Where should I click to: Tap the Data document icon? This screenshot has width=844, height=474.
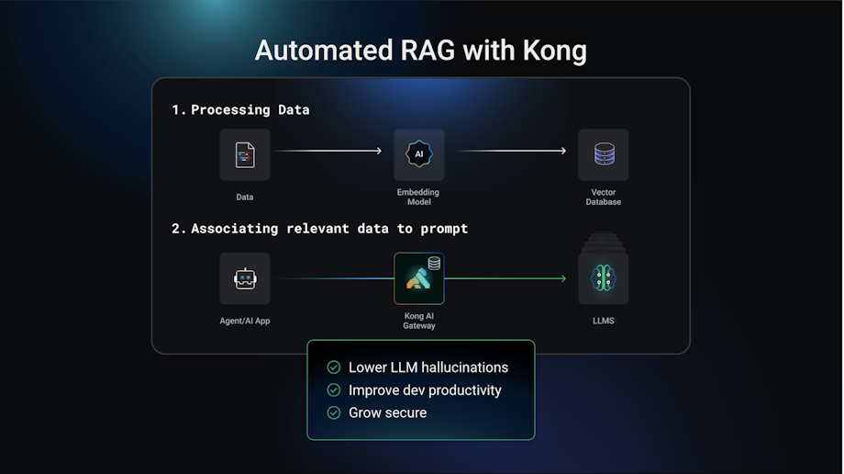click(x=245, y=154)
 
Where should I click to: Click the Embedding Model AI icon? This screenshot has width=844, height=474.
click(x=419, y=154)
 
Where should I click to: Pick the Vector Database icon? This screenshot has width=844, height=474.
click(x=603, y=154)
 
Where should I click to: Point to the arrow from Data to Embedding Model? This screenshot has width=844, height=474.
click(x=328, y=151)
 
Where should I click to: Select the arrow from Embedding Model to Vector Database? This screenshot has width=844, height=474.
click(x=511, y=151)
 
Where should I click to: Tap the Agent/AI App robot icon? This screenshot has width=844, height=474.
click(x=245, y=278)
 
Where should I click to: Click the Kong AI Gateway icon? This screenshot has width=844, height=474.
click(x=419, y=278)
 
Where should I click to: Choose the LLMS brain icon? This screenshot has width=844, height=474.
click(x=603, y=279)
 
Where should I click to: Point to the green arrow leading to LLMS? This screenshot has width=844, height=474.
click(x=506, y=278)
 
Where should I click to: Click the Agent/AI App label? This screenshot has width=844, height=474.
click(x=245, y=321)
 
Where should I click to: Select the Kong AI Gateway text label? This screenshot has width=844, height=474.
click(x=419, y=321)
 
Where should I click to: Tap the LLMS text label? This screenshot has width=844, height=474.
click(x=603, y=321)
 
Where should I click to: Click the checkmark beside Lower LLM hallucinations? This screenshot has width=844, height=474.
click(x=334, y=367)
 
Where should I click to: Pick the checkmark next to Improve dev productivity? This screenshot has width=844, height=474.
click(x=334, y=390)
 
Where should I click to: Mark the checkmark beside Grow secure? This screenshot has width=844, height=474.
click(x=334, y=412)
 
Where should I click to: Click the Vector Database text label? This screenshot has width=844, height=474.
click(x=603, y=197)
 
